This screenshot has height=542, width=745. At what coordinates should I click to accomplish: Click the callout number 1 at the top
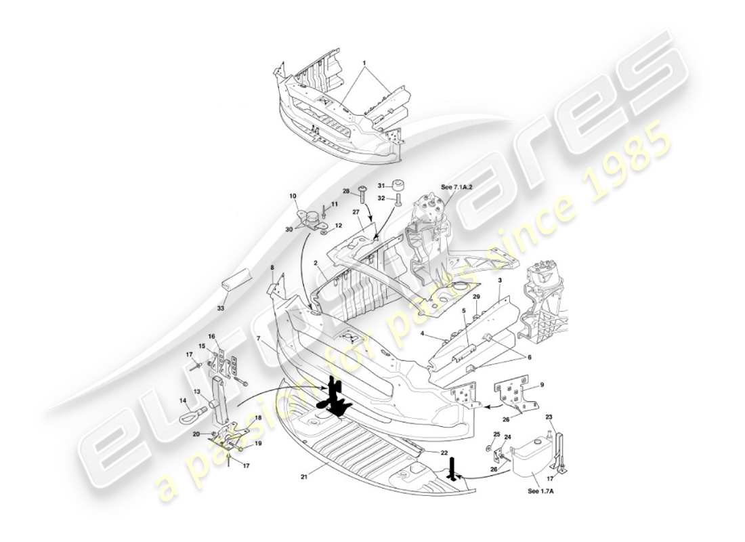tap(364, 63)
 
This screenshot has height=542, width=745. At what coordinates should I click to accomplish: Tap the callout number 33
tap(220, 308)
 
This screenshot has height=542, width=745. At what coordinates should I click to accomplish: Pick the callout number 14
tap(183, 401)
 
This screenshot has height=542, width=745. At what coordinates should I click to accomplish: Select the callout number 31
tap(381, 186)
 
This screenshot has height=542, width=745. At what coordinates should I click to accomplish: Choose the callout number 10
tap(293, 196)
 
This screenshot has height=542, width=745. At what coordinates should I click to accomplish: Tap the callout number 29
tap(476, 297)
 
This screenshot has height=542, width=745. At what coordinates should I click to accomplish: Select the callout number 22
tap(444, 453)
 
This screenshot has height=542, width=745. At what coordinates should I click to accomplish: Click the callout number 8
tap(272, 268)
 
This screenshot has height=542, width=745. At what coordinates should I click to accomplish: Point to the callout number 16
tap(211, 337)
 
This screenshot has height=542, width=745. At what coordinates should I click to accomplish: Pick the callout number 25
tap(496, 434)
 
